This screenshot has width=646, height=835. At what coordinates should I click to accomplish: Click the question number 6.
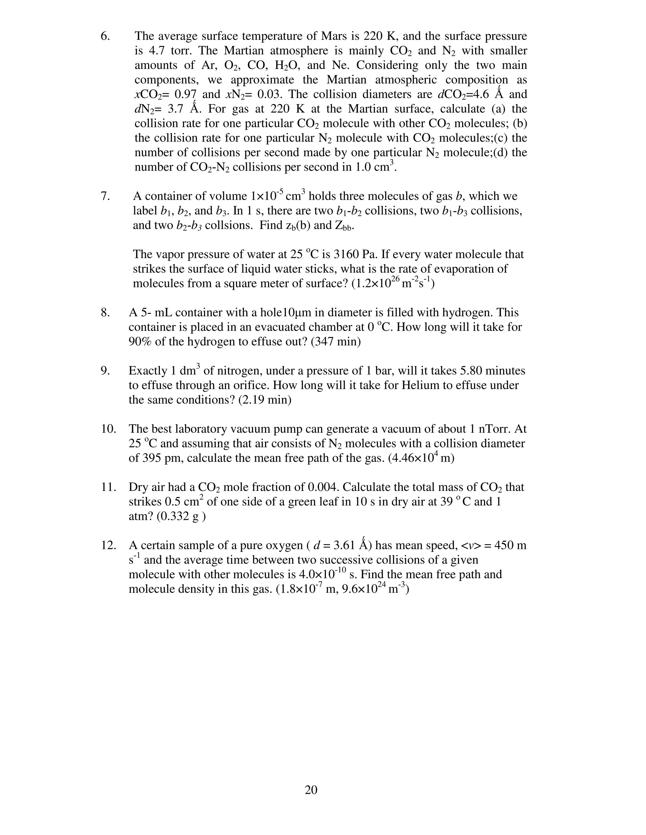pos(105,36)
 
